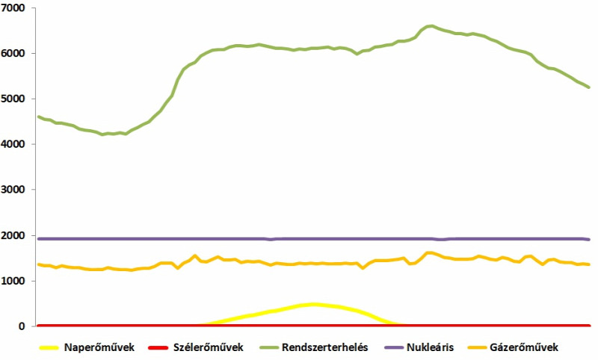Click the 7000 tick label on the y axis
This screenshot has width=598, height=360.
coord(13,8)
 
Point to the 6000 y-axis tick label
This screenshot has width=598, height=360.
coord(13,53)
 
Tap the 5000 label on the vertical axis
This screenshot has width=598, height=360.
coord(13,99)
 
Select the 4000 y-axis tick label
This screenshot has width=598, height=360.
coord(13,144)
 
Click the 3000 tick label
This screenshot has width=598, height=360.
coord(13,189)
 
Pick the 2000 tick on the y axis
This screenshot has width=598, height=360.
coord(13,235)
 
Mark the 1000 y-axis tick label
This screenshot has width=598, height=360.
coord(13,281)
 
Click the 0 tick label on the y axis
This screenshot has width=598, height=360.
coord(22,326)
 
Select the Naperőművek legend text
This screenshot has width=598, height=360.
coord(99,347)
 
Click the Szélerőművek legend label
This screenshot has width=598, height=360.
coord(209,347)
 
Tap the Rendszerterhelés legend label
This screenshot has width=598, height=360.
coord(325,347)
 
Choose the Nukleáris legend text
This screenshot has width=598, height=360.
coord(431,347)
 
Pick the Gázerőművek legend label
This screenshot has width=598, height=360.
coord(524,347)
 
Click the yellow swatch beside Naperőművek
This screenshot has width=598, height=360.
coord(49,348)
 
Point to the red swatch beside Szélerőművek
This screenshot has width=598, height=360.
coord(158,348)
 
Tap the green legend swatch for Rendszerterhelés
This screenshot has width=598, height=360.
coord(269,348)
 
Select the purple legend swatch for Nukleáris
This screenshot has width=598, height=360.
coord(394,348)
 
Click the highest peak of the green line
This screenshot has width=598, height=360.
coord(431,26)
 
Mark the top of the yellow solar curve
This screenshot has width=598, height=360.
coord(313,305)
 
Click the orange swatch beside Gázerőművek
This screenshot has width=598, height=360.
coord(477,348)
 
